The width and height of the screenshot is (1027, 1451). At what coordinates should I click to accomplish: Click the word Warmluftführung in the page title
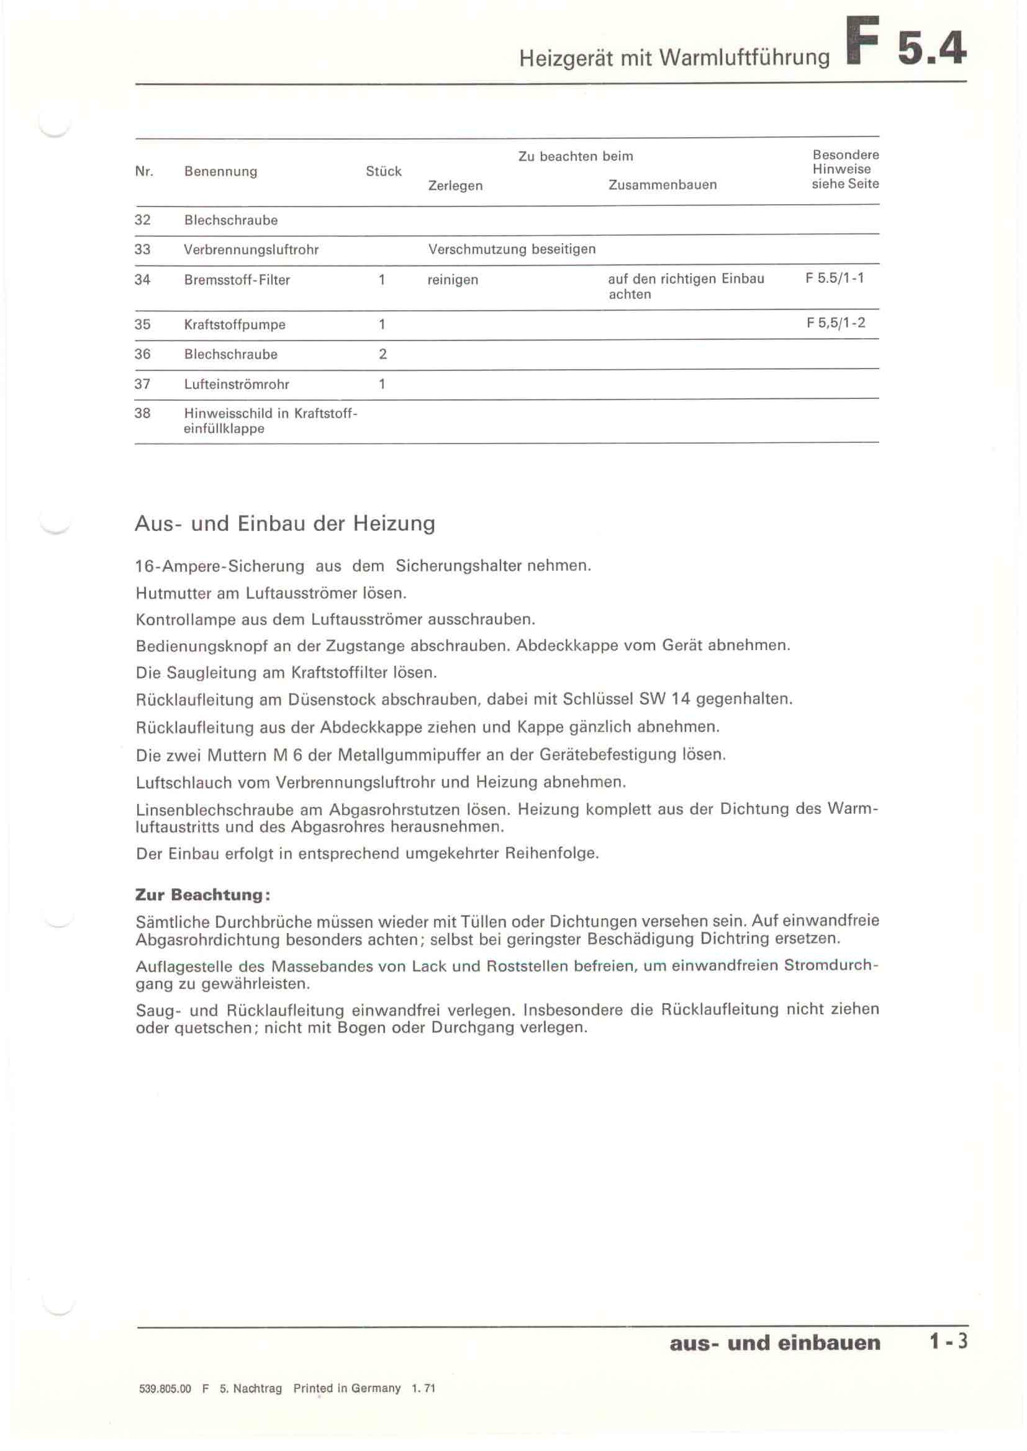744,58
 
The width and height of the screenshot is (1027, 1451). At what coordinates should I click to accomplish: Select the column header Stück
383,171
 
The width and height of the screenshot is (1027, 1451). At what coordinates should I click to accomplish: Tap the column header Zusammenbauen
662,185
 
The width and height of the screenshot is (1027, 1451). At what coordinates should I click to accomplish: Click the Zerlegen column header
455,186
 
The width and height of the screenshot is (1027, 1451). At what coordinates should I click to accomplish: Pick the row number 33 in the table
142,249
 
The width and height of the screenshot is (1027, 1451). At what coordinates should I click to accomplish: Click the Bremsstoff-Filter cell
237,280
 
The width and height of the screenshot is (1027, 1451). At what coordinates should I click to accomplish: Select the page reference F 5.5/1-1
835,279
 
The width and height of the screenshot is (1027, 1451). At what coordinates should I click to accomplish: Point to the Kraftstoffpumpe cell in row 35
235,325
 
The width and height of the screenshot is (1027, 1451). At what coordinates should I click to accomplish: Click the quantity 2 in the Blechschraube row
382,354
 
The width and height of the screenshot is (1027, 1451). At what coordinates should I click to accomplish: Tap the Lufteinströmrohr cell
237,384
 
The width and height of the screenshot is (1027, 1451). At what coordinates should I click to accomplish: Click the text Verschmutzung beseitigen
512,249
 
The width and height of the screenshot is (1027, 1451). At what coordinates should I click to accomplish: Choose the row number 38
142,413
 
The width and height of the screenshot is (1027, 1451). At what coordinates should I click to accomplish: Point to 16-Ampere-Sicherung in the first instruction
219,566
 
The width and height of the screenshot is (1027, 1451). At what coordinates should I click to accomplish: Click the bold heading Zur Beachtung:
203,895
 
